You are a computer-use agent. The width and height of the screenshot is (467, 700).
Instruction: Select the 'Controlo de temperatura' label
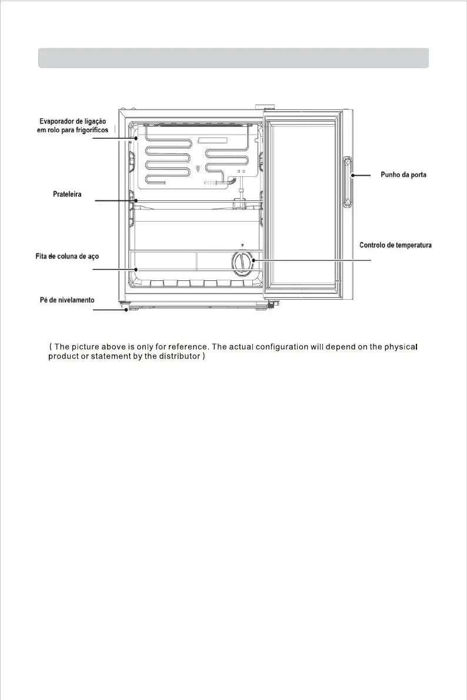(x=395, y=245)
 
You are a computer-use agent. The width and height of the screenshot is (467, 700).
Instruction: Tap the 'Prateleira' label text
(x=65, y=193)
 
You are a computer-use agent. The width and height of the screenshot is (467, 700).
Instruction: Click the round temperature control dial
(x=242, y=262)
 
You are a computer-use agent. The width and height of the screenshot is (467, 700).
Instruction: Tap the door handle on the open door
(x=348, y=182)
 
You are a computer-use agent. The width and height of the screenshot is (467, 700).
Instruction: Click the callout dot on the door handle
(x=352, y=175)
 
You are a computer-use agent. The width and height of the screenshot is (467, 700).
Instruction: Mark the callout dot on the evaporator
(x=136, y=139)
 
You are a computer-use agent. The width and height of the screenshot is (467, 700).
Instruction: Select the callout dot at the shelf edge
(x=136, y=201)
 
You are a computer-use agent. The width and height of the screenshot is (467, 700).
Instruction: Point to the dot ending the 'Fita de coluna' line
(x=136, y=270)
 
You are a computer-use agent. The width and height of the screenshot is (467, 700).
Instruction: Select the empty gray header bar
(x=233, y=58)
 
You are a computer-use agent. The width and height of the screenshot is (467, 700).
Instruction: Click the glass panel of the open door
(x=300, y=200)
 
